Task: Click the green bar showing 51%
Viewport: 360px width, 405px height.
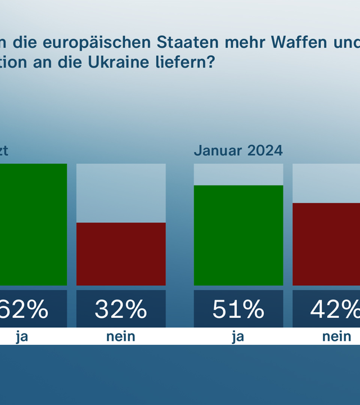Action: pyautogui.click(x=238, y=235)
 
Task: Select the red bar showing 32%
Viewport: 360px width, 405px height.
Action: pyautogui.click(x=121, y=254)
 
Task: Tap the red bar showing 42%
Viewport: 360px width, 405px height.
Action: pyautogui.click(x=326, y=244)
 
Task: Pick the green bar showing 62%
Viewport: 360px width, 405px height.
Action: pyautogui.click(x=33, y=224)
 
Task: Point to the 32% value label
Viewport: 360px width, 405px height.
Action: pyautogui.click(x=121, y=309)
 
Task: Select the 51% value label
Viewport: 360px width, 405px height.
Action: pyautogui.click(x=238, y=309)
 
